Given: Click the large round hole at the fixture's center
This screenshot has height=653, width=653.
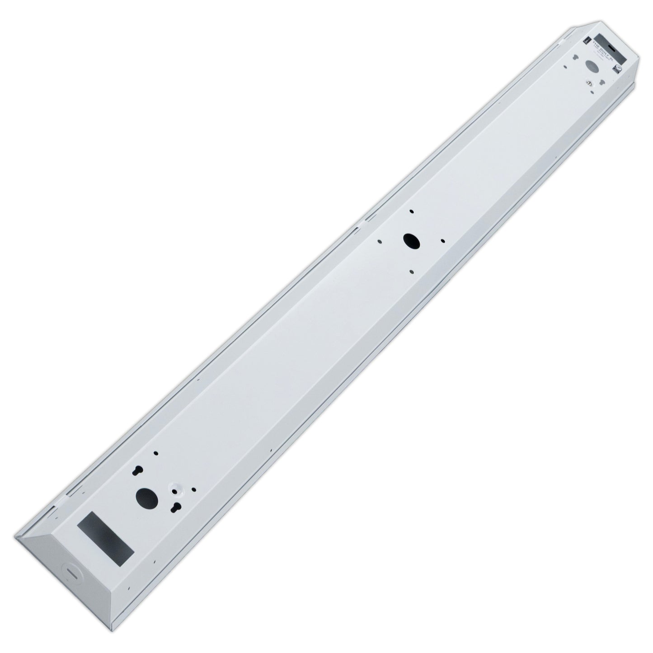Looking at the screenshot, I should click(x=411, y=240).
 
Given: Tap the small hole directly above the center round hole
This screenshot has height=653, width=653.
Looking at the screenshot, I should click(x=411, y=211).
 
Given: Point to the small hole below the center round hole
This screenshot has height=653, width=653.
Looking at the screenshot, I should click(x=411, y=271).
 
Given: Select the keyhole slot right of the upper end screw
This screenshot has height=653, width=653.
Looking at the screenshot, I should click(x=602, y=83).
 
